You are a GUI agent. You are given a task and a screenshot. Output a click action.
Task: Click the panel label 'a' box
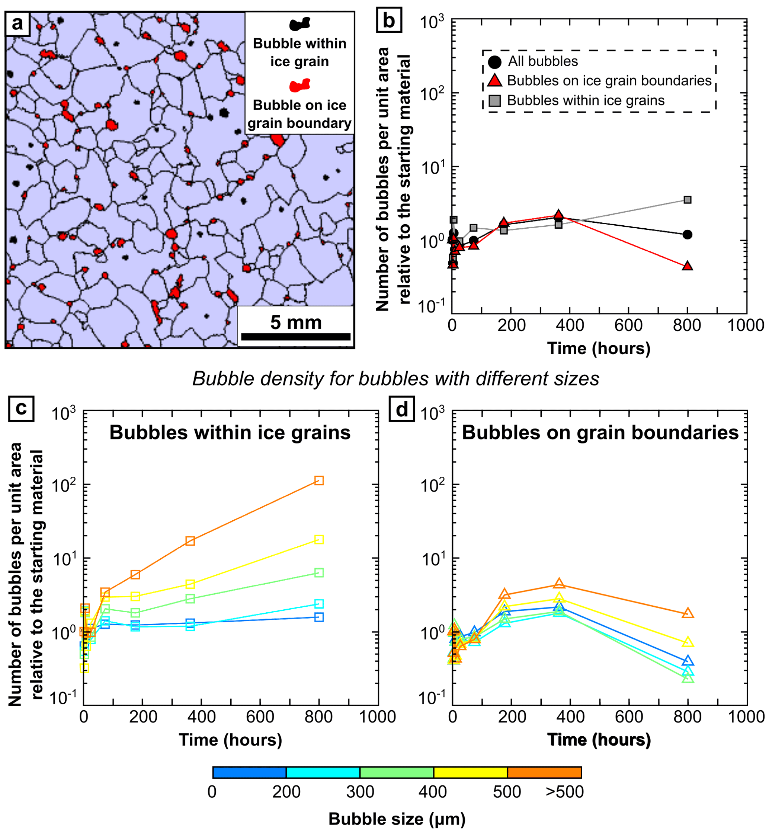click(x=17, y=24)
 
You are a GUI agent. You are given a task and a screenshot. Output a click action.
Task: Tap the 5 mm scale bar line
click(x=295, y=337)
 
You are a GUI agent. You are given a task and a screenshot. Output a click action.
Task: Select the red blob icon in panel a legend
click(x=299, y=85)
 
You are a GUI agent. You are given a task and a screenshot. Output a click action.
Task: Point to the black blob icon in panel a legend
click(x=299, y=24)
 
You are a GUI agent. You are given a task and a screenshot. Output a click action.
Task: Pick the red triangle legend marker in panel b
click(x=494, y=81)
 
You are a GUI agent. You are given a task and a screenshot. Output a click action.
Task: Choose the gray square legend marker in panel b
click(x=494, y=100)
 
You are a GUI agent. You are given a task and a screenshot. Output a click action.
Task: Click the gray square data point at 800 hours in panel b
click(x=688, y=200)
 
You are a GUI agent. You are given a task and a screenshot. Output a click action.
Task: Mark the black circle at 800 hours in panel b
click(x=688, y=235)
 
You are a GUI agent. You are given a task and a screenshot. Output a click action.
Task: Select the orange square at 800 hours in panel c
click(x=319, y=480)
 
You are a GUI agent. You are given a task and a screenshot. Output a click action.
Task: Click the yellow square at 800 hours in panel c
click(x=319, y=540)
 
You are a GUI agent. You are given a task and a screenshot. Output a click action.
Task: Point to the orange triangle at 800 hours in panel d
click(x=688, y=613)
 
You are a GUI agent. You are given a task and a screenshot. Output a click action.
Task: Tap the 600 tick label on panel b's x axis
click(x=628, y=326)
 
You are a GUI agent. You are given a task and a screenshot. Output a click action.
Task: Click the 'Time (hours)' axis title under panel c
click(x=231, y=740)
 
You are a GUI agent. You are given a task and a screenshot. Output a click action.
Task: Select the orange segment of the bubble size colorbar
click(x=544, y=772)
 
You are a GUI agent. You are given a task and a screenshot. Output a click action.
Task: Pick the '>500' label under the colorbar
click(x=564, y=792)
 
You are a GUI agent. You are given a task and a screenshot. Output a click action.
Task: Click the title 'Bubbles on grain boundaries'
click(x=600, y=433)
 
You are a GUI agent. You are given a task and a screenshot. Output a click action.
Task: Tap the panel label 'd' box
click(x=401, y=410)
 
